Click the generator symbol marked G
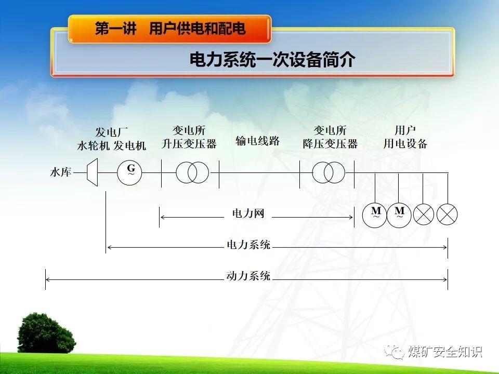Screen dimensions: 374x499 130,172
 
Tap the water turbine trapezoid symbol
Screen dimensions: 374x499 92,172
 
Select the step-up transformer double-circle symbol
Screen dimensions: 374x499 192,172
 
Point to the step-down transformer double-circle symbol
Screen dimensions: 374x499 329,172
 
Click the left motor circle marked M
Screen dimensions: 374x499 376,213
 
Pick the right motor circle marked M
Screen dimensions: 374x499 399,213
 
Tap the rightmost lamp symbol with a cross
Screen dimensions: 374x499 447,214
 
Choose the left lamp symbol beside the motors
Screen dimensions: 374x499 423,214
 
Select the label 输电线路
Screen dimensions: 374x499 257,141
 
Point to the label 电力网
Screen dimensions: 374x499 248,213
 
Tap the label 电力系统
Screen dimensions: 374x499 248,245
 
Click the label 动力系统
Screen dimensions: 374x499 248,276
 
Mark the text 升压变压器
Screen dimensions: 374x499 189,144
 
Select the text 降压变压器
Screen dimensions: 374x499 330,144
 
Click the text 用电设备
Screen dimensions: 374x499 405,144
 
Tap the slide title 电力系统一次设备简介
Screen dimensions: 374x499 272,60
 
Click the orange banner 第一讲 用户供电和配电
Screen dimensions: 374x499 170,28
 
